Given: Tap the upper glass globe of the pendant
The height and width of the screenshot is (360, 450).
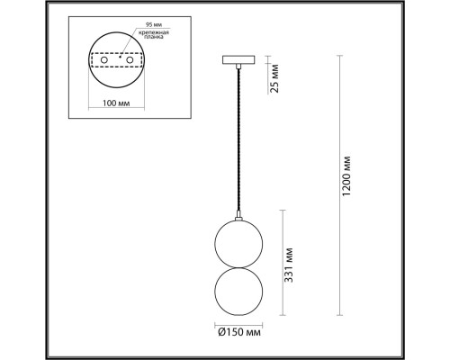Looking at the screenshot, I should tap(238, 242).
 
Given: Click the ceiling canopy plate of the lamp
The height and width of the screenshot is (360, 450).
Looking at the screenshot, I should tap(238, 60).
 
